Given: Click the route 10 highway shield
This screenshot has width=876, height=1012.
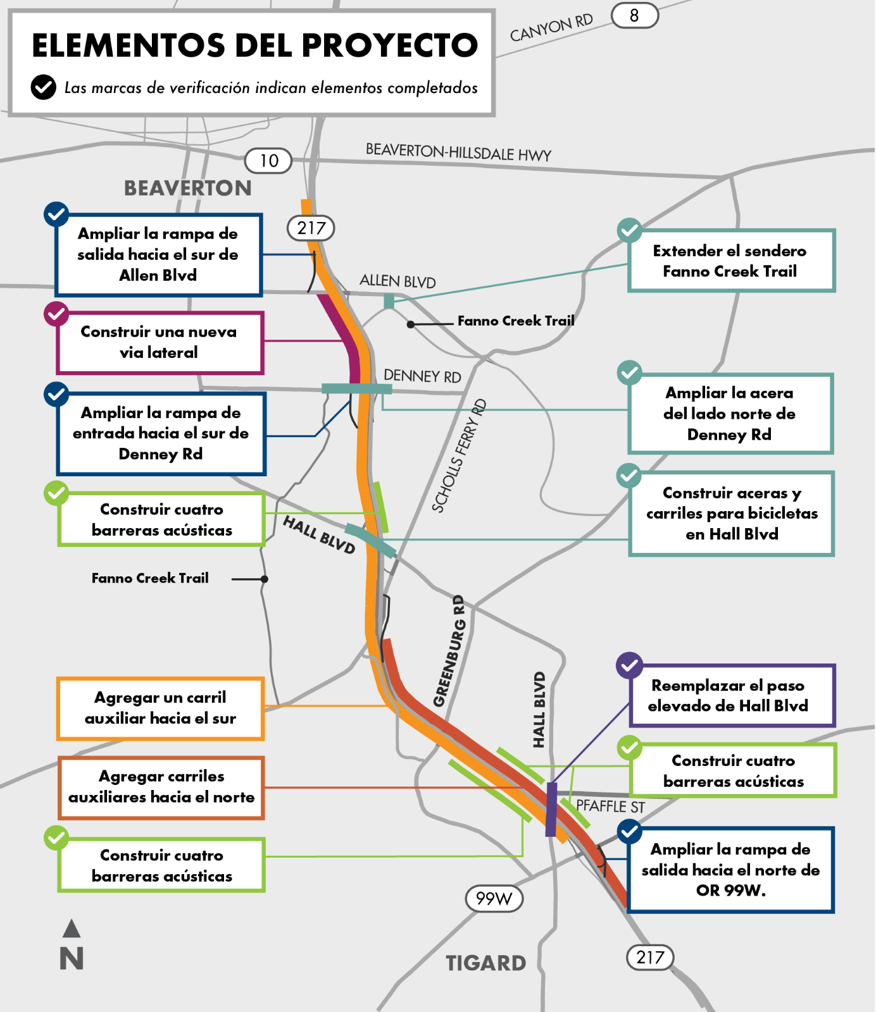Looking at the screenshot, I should [268, 161].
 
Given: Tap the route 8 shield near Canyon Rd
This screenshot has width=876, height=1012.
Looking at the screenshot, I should [634, 16].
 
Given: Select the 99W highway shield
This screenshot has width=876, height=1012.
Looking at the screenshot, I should [494, 898].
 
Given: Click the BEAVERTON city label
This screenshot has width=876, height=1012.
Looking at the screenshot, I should [187, 188].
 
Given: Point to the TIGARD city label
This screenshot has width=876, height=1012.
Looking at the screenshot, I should [486, 963].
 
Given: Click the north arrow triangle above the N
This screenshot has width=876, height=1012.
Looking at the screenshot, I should [72, 929].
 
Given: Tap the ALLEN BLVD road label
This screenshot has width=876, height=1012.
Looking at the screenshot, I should [397, 281].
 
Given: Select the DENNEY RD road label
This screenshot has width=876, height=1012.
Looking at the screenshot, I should [422, 376].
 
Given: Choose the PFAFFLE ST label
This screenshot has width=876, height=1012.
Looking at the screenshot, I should [610, 806].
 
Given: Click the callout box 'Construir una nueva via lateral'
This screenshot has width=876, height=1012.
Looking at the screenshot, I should [160, 342].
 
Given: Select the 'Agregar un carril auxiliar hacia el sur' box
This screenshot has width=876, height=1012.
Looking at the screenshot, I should [161, 708].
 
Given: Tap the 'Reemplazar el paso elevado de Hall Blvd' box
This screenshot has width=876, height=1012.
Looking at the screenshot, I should [732, 695].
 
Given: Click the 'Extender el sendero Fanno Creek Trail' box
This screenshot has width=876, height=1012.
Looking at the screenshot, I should [732, 261].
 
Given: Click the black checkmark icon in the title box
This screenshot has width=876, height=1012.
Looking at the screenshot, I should [44, 87].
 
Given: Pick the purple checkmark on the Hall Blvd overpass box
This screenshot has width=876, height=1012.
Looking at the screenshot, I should [629, 665].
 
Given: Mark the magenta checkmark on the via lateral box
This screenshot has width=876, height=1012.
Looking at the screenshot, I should [56, 314].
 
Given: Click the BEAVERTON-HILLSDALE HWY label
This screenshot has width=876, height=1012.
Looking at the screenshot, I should [458, 152].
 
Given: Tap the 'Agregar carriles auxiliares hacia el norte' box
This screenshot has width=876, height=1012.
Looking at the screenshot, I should [161, 787].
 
